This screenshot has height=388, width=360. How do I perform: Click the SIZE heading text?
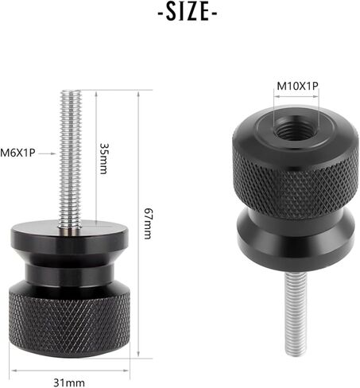188,12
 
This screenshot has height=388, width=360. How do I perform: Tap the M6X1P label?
17,153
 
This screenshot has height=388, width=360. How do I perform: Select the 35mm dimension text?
104,158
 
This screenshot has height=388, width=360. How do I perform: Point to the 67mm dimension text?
149,223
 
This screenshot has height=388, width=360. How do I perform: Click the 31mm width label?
69,382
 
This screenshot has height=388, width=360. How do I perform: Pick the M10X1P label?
297,86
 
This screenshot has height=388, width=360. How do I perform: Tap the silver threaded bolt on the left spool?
71,159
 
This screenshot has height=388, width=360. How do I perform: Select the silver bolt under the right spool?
296,314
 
